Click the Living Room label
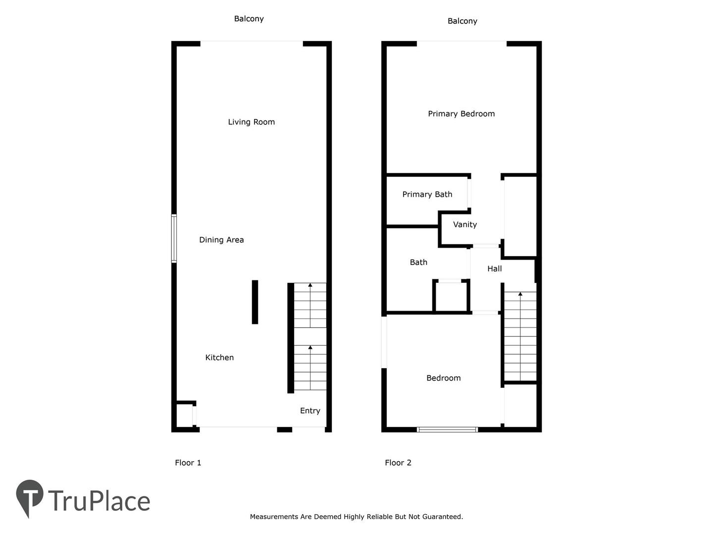pos(251,122)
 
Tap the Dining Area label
pos(221,240)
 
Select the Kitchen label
pos(219,357)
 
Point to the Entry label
pos(310,411)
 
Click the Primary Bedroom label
pos(461,114)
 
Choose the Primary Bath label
pos(427,194)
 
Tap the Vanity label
pos(465,224)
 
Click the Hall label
pos(494,268)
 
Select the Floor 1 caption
pos(188,463)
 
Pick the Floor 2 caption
pos(398,463)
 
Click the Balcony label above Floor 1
pos(249,19)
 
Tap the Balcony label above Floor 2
pos(462,21)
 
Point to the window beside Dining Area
pos(174,238)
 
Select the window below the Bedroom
pos(447,429)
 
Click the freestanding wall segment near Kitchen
pos(255,302)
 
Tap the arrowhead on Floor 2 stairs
pos(520,294)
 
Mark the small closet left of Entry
pos(184,415)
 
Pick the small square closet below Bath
pos(451,296)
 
